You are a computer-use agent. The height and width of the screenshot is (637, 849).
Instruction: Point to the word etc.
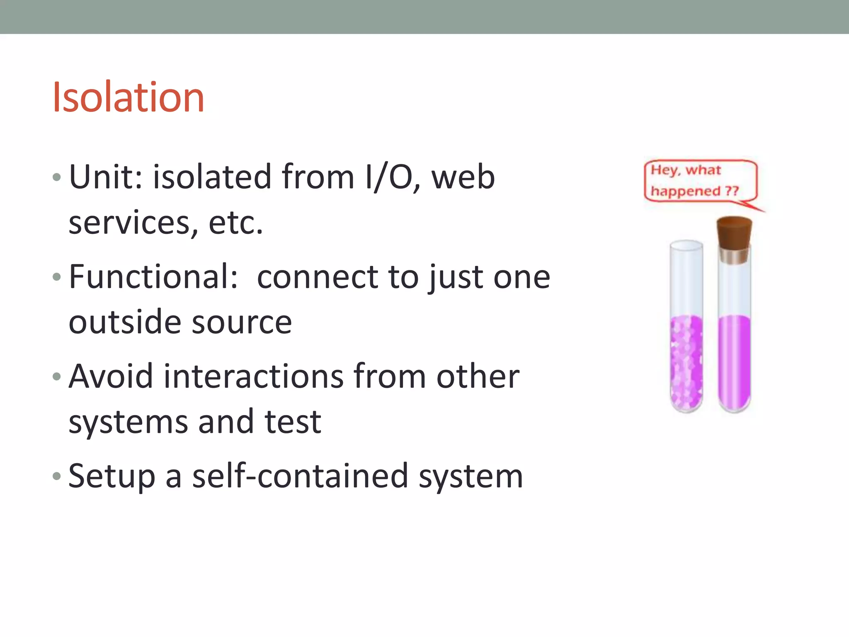pyautogui.click(x=235, y=223)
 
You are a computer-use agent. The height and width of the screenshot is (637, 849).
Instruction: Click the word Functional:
pyautogui.click(x=153, y=277)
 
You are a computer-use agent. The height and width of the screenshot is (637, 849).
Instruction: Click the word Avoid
pyautogui.click(x=111, y=376)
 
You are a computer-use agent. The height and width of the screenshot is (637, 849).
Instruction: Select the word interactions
pyautogui.click(x=254, y=376)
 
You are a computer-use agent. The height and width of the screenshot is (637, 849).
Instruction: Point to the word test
pyautogui.click(x=293, y=422)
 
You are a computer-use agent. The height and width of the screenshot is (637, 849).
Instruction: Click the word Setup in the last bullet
pyautogui.click(x=112, y=476)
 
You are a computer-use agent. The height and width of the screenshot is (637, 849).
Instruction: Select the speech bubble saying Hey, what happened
pyautogui.click(x=701, y=181)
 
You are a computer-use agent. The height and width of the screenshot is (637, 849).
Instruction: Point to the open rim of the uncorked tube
pyautogui.click(x=686, y=245)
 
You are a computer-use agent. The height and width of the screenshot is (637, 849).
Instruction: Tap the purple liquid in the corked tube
pyautogui.click(x=735, y=361)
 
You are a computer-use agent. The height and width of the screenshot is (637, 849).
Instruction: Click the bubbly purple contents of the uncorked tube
pyautogui.click(x=686, y=361)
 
